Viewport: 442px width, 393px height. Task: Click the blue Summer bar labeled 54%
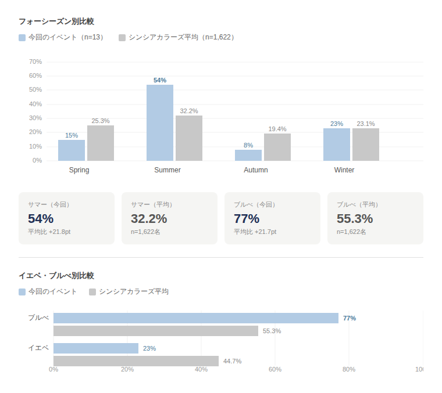point(160,122)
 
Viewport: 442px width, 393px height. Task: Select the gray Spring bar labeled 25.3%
point(101,143)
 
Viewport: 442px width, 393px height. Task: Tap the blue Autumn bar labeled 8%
point(248,155)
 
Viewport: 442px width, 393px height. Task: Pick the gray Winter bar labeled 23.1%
point(366,145)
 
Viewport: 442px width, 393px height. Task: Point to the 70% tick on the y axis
point(35,62)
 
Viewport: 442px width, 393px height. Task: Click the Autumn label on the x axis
point(256,170)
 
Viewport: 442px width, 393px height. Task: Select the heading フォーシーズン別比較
point(56,21)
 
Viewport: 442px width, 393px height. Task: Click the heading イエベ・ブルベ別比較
point(56,276)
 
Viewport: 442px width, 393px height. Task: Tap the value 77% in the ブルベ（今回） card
point(247,219)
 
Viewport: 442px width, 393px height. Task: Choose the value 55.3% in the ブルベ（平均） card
point(355,219)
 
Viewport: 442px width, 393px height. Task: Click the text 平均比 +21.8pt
point(49,232)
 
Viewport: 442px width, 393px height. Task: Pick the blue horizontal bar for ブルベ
point(196,318)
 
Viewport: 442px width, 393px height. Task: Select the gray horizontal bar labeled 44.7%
point(136,361)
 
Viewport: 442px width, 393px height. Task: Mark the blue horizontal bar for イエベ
point(96,348)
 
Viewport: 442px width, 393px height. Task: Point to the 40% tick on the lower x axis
point(201,369)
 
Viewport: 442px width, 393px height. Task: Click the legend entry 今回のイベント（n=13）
point(62,37)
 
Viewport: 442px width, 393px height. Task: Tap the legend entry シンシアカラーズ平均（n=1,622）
point(177,37)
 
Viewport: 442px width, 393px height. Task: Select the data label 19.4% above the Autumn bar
point(277,129)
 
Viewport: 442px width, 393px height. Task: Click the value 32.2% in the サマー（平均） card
point(149,219)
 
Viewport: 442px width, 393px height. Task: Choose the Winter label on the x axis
point(344,170)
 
